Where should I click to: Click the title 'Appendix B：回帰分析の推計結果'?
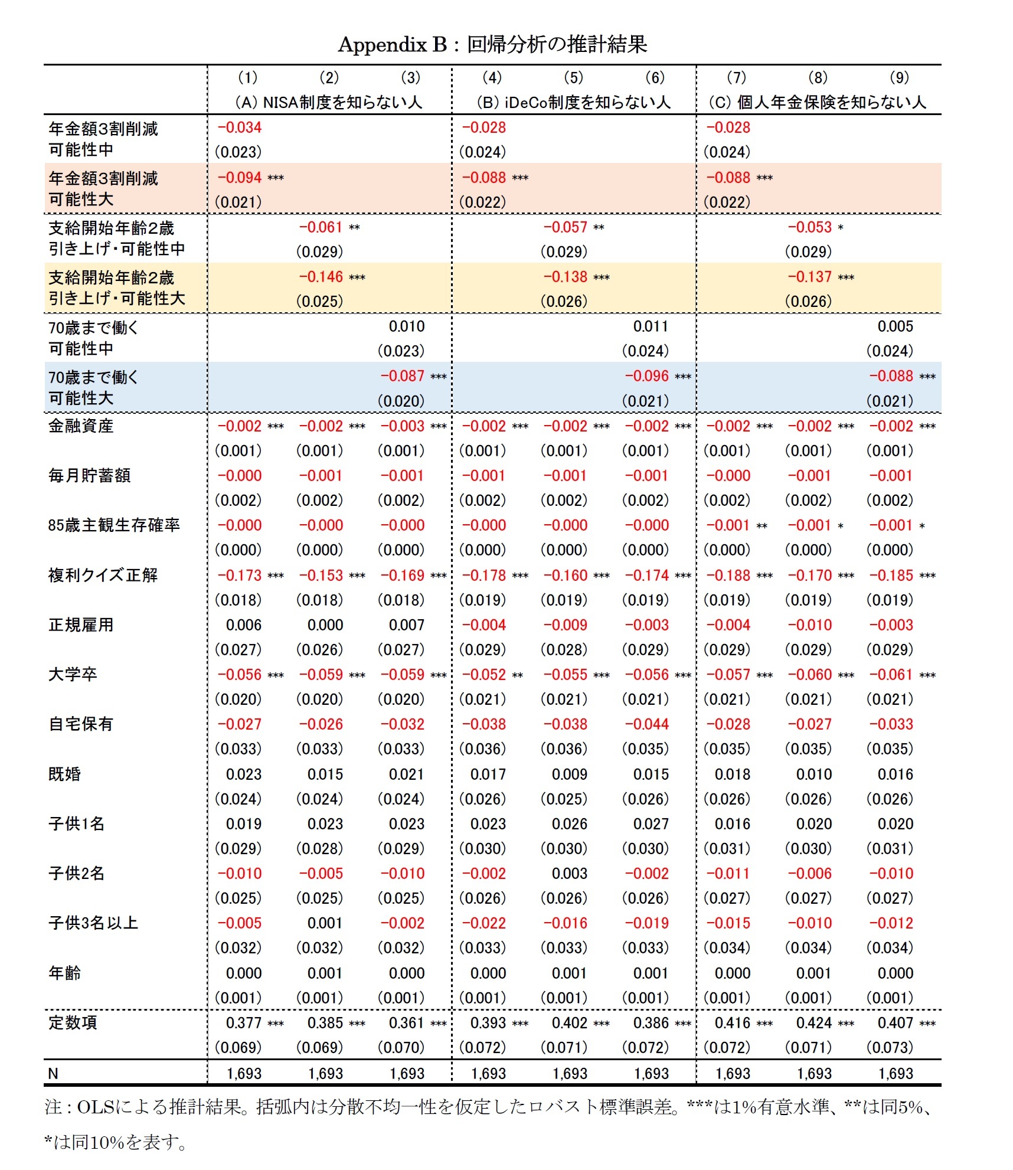tap(492, 44)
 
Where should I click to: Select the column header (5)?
tap(573, 77)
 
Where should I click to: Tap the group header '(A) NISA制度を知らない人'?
tap(328, 102)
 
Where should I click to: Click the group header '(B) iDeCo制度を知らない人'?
tap(573, 102)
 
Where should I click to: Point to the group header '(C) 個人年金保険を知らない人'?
tap(817, 102)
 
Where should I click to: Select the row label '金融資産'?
tap(80, 426)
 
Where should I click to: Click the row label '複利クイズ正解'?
tap(103, 575)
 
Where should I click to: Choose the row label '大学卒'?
tap(72, 674)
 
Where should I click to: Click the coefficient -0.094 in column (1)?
tap(240, 178)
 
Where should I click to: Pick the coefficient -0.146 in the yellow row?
tap(321, 277)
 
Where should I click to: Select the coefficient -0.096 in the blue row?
tap(646, 376)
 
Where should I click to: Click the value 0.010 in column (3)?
tap(406, 326)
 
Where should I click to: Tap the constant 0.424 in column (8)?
tap(813, 1023)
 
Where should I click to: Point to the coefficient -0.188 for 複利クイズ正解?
tap(728, 575)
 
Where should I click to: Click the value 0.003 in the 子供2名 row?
tap(569, 874)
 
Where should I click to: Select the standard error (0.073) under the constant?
tap(890, 1048)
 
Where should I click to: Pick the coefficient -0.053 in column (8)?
tap(809, 227)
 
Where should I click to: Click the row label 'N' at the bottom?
tap(53, 1073)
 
